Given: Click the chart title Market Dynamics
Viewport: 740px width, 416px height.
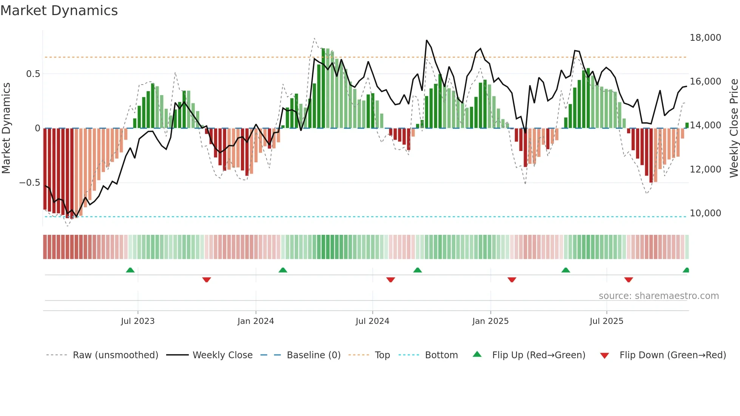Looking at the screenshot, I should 59,11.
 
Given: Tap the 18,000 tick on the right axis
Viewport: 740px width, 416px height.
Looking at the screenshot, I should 705,38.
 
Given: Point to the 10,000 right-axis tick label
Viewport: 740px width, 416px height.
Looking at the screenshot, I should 705,213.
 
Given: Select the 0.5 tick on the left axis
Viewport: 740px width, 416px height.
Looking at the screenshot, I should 33,74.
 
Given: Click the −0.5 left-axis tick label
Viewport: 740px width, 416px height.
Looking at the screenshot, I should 30,183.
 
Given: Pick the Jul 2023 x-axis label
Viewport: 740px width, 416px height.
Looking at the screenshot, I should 137,321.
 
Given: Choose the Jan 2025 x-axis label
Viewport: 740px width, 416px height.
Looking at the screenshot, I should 490,321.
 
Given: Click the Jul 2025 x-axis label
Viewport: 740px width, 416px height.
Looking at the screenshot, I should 606,321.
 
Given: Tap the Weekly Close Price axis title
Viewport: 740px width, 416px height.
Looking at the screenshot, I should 734,128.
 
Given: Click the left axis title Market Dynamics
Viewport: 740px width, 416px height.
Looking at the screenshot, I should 6,128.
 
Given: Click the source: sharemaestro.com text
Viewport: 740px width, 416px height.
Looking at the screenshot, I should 658,296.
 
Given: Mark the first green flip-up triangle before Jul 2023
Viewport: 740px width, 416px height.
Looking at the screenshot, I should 130,270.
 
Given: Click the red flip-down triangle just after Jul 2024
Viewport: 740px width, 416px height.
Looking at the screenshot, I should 390,280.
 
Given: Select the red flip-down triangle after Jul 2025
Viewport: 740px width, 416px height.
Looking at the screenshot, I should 628,280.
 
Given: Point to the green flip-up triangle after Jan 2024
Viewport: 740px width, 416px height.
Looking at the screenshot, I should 283,270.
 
